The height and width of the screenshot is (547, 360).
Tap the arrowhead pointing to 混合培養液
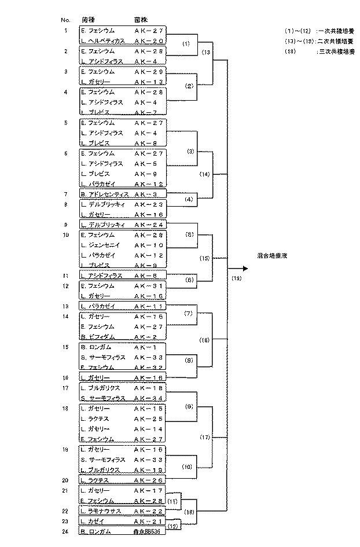click(245, 269)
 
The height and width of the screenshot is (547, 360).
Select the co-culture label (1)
click(186, 43)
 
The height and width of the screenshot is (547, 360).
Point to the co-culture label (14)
click(204, 174)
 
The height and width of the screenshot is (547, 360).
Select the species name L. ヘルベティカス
click(103, 41)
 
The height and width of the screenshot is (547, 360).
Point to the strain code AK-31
click(149, 286)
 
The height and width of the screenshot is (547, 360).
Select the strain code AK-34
click(149, 398)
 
